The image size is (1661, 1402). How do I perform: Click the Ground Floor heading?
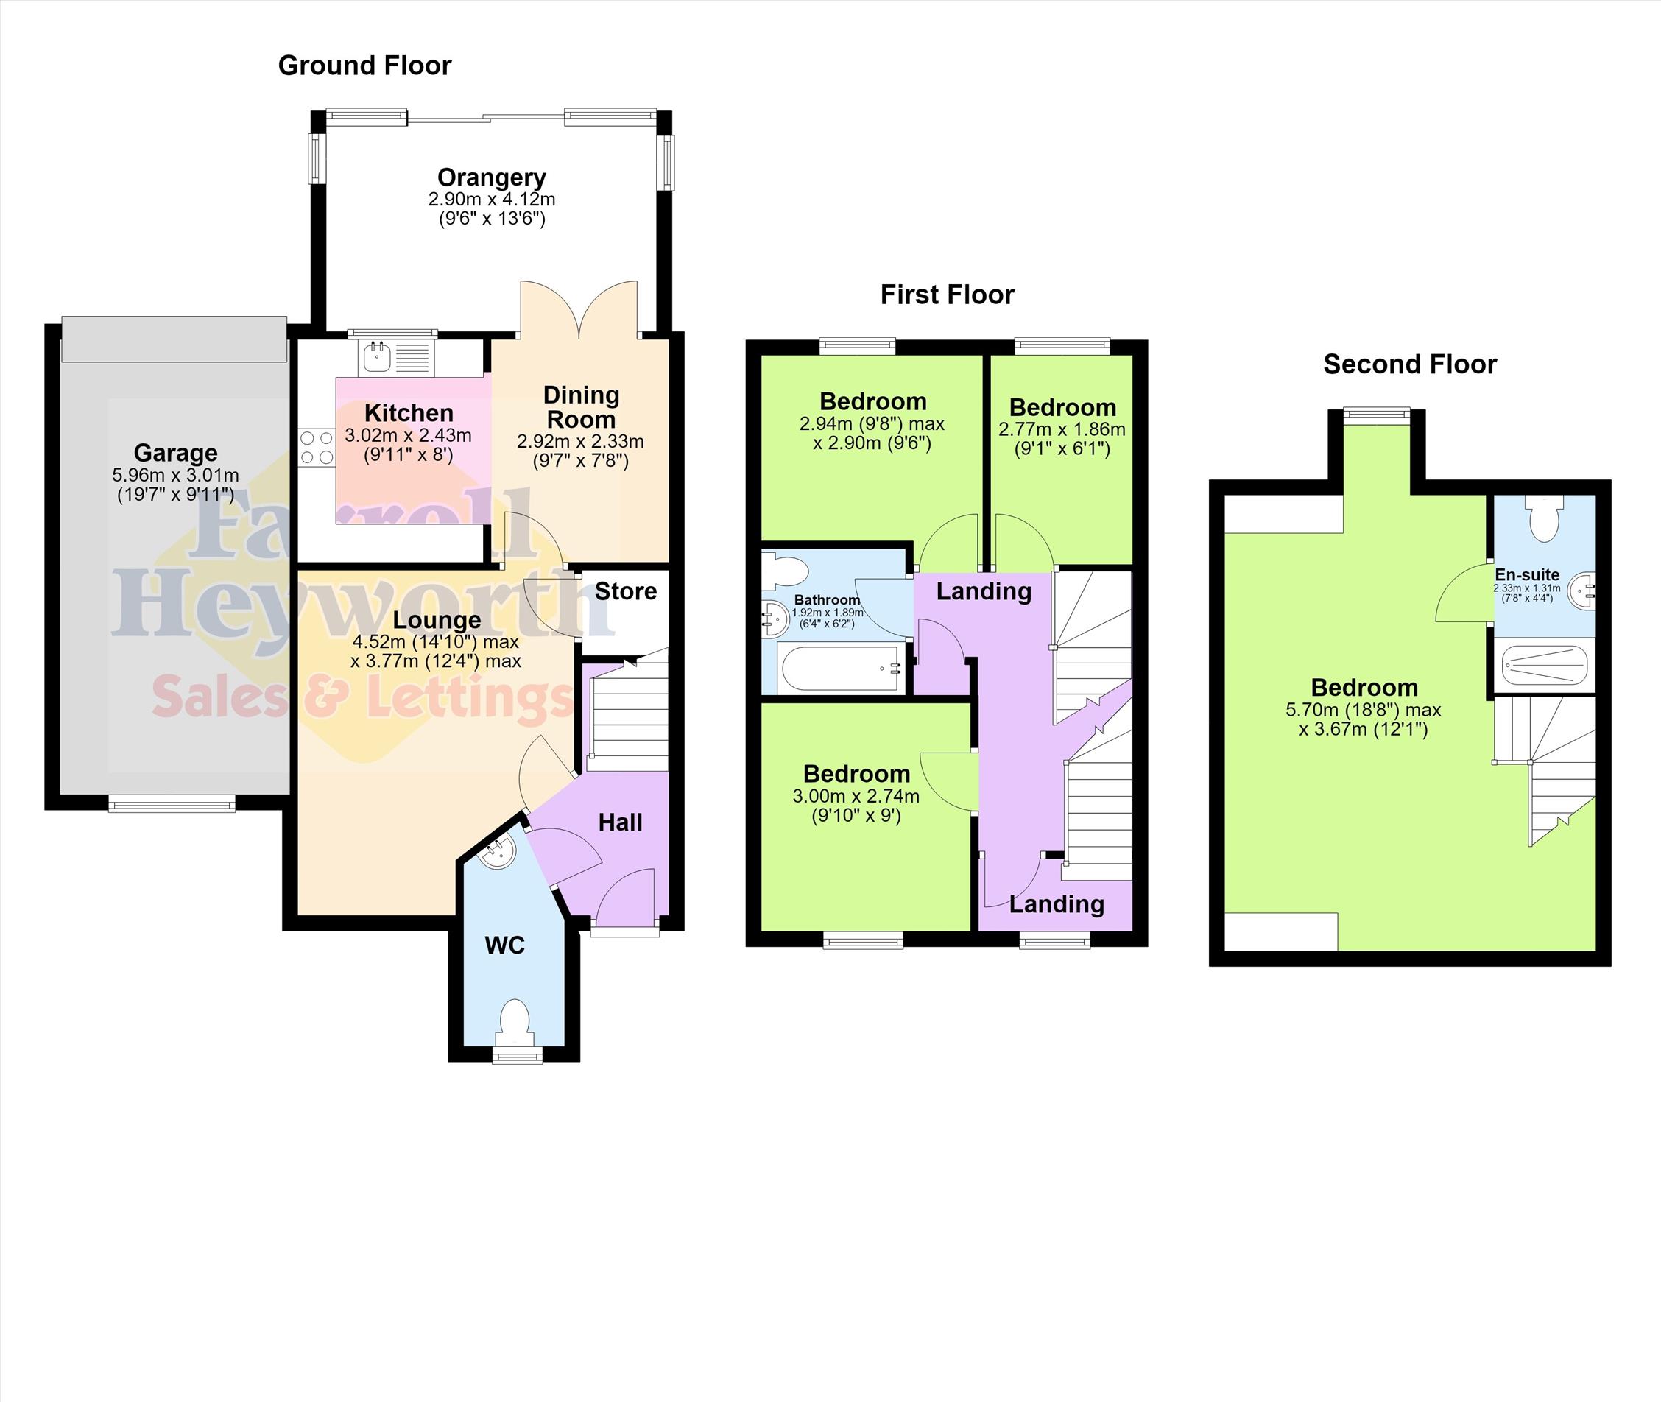(x=364, y=66)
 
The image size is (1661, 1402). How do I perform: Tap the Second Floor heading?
(x=1410, y=364)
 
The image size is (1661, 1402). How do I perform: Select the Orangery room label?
(x=491, y=177)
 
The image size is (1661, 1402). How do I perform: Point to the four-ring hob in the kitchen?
(x=317, y=447)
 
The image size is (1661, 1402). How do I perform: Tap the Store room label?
(x=626, y=591)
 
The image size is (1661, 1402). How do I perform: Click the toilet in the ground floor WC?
(x=515, y=1023)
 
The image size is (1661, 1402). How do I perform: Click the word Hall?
(x=620, y=822)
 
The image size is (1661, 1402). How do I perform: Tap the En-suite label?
(x=1527, y=574)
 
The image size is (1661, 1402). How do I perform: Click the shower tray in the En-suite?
(x=1543, y=664)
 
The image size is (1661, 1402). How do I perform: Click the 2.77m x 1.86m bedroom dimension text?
(x=1062, y=430)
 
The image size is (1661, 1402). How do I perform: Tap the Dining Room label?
(x=581, y=407)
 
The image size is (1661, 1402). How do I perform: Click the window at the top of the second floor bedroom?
(x=1377, y=412)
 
